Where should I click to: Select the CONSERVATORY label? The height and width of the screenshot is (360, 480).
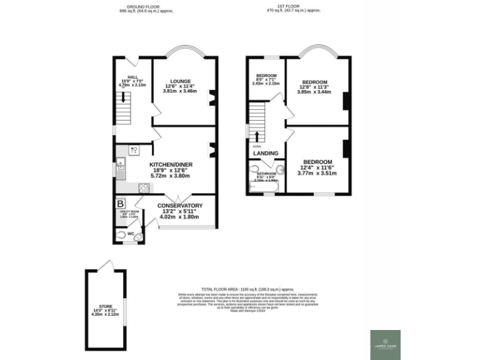179,206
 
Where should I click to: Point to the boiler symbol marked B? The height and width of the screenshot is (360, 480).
121,203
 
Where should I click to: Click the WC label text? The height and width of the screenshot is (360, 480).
131,234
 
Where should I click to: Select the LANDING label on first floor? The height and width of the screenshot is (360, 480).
266,153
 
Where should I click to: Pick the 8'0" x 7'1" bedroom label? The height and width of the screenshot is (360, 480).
266,76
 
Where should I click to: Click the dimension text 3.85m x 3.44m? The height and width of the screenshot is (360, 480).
315,91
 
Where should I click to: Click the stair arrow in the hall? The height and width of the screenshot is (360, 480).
123,96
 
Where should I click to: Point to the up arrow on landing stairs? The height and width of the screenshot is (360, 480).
256,136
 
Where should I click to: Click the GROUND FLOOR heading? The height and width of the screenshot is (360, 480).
146,7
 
